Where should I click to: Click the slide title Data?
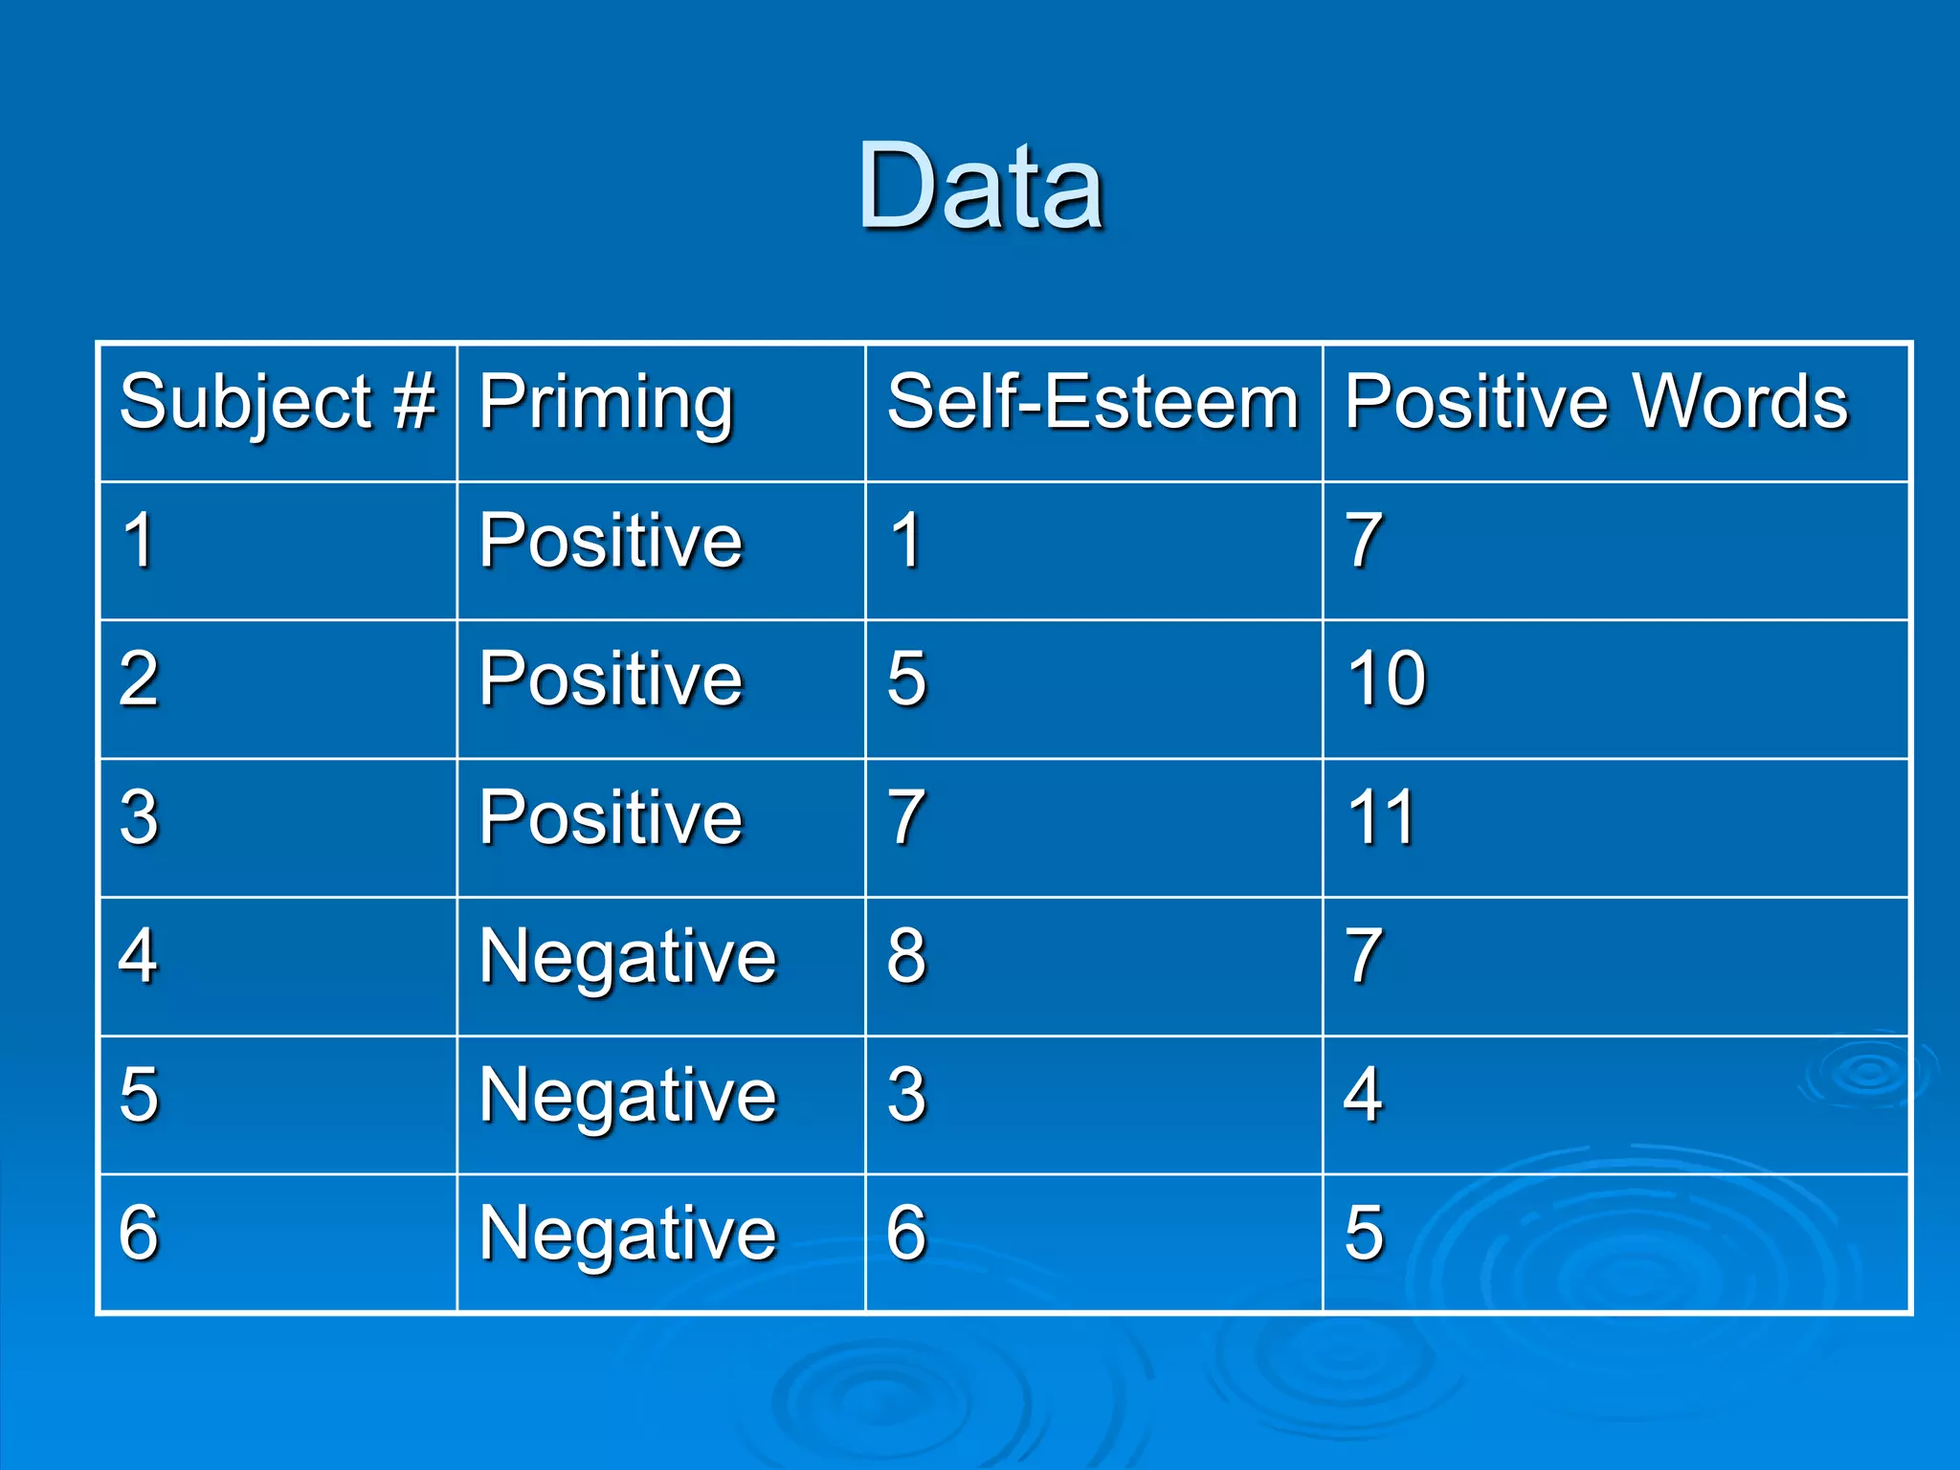tap(981, 187)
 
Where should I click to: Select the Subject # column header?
tap(278, 402)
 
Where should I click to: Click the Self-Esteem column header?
tap(1093, 402)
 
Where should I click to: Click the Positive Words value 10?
tap(1387, 679)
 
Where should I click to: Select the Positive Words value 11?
tap(1381, 817)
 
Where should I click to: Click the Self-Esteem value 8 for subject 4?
tap(906, 955)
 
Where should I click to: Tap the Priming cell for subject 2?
tap(611, 679)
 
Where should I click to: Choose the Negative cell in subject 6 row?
tap(628, 1234)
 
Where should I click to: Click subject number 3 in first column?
tap(140, 817)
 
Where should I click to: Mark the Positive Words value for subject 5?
tap(1364, 1094)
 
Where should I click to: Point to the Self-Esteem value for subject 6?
tap(906, 1233)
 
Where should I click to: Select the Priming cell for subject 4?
tap(628, 957)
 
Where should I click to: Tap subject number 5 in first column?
tap(140, 1094)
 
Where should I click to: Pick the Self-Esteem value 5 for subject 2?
tap(906, 679)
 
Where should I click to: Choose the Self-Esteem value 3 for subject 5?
tap(906, 1094)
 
